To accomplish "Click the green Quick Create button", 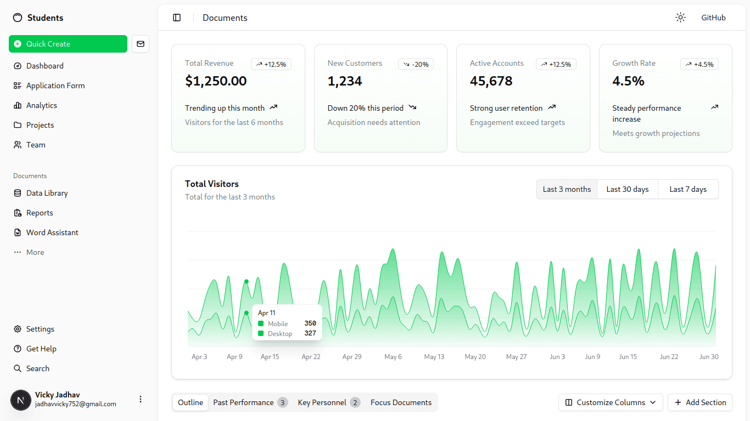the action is tap(68, 44).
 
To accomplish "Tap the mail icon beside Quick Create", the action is tap(141, 44).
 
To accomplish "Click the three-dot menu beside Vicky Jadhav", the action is tap(141, 399).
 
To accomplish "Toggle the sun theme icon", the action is tap(680, 18).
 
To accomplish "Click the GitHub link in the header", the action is tap(714, 18).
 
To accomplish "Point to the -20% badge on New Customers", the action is tap(416, 64).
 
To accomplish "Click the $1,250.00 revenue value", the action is tap(216, 81).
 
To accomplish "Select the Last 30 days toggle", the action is tap(628, 189).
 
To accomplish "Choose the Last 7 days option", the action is tap(688, 189).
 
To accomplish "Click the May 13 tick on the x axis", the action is tap(434, 357).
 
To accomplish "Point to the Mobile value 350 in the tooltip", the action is tap(310, 323).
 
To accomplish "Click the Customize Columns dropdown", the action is tap(611, 402).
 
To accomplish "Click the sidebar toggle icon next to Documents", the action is tap(177, 18).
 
